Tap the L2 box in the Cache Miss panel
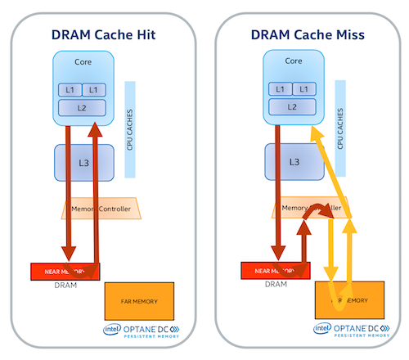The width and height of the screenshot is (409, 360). [293, 106]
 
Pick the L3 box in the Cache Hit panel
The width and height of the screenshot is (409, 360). [83, 163]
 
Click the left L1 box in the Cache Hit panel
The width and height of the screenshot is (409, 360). [70, 89]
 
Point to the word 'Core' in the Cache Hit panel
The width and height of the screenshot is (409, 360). [83, 61]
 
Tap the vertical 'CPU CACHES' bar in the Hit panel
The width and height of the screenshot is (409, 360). [130, 128]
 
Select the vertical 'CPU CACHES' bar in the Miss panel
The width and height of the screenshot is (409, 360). [339, 128]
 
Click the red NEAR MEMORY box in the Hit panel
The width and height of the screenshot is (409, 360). [64, 271]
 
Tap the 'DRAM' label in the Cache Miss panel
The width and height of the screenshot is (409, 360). [273, 286]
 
